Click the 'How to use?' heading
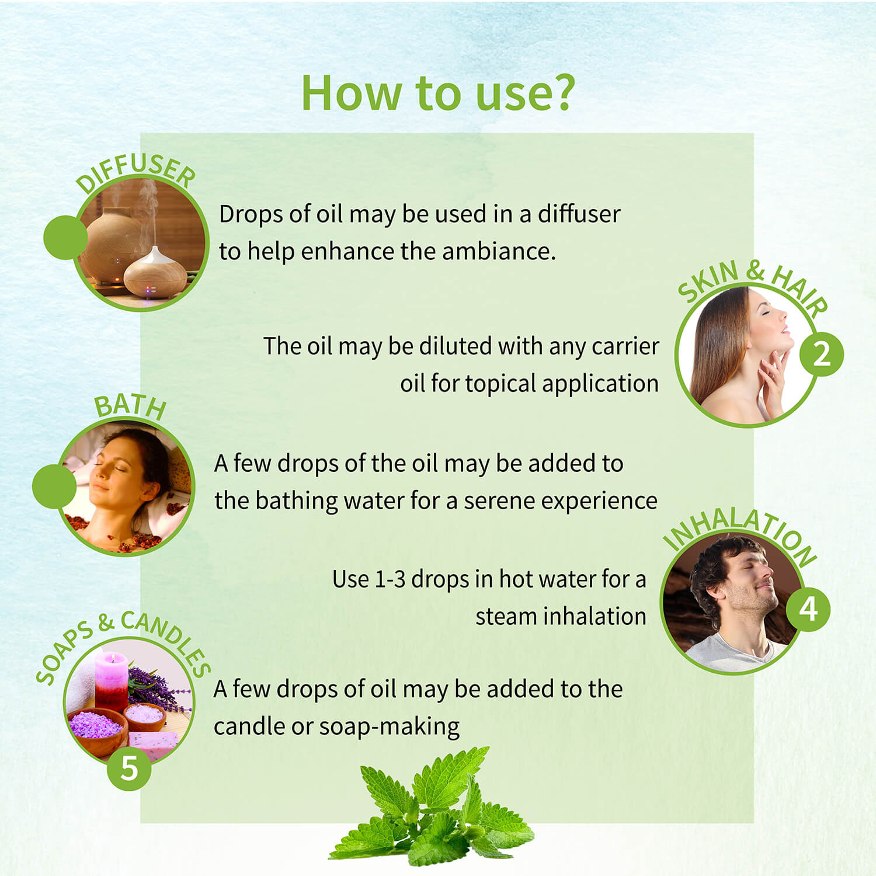point(438,93)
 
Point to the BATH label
point(131,407)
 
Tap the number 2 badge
point(821,354)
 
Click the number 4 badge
point(808,609)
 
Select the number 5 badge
point(129,769)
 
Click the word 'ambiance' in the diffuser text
point(499,252)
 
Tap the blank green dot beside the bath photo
point(54,486)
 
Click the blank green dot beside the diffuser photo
point(65,237)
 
